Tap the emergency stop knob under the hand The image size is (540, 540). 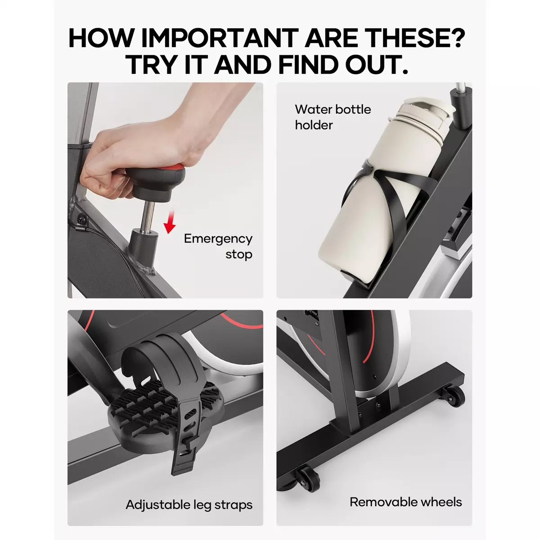click(x=156, y=182)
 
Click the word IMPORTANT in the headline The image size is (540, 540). click(x=220, y=38)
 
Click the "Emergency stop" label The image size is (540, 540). click(x=218, y=247)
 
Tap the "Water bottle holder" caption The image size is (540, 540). click(x=333, y=117)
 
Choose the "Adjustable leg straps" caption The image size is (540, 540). click(x=189, y=505)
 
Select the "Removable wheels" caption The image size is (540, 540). click(x=406, y=502)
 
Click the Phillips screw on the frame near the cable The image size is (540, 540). click(x=82, y=219)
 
